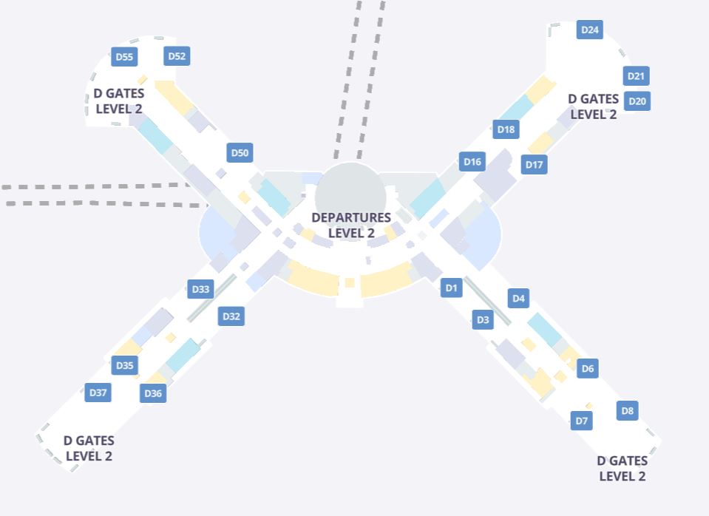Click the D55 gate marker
[124, 57]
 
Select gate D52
[177, 56]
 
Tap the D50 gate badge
[240, 153]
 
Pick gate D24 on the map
[590, 30]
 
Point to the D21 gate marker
[637, 76]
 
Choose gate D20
[637, 101]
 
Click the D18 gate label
[506, 129]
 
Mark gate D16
[472, 162]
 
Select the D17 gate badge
[534, 165]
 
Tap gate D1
[452, 288]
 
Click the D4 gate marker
[518, 299]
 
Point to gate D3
[483, 320]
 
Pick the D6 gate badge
[587, 368]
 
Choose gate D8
[627, 411]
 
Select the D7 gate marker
[582, 421]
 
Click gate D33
[200, 289]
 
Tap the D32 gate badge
[231, 316]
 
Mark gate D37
[98, 393]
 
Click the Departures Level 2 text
[350, 225]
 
